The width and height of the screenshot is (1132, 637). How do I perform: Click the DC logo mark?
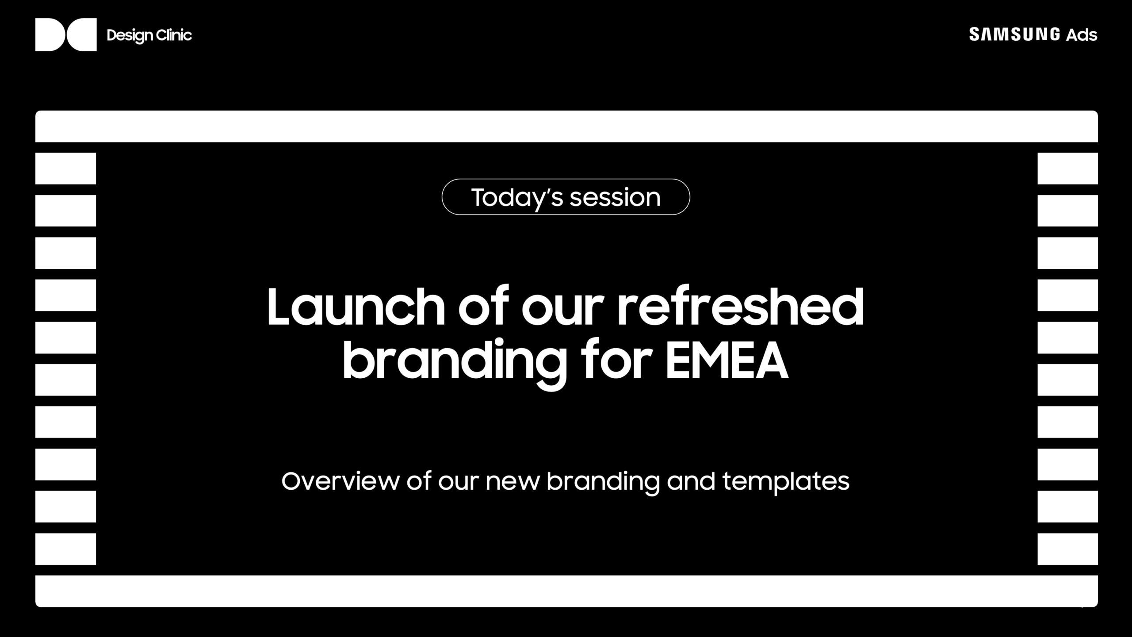(66, 35)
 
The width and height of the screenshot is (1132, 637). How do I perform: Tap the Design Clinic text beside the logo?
(149, 35)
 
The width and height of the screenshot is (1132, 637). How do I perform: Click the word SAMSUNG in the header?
(1014, 34)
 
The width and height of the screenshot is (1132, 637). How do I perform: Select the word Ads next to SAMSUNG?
(1082, 35)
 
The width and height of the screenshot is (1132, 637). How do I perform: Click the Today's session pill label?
(566, 197)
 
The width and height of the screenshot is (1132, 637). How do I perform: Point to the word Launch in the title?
(356, 307)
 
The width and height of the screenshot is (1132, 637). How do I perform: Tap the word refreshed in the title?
(741, 306)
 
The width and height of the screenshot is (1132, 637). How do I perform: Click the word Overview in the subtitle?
(340, 481)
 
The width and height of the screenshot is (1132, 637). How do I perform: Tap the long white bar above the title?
(566, 127)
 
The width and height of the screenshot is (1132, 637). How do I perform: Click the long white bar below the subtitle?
(566, 591)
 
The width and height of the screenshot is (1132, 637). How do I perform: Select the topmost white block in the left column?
(65, 169)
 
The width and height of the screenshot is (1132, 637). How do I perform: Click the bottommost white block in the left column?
(65, 549)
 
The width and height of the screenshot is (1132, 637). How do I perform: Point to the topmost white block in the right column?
(1068, 169)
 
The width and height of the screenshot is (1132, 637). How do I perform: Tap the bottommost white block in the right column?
(1068, 549)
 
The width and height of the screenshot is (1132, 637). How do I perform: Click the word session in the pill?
(615, 198)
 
